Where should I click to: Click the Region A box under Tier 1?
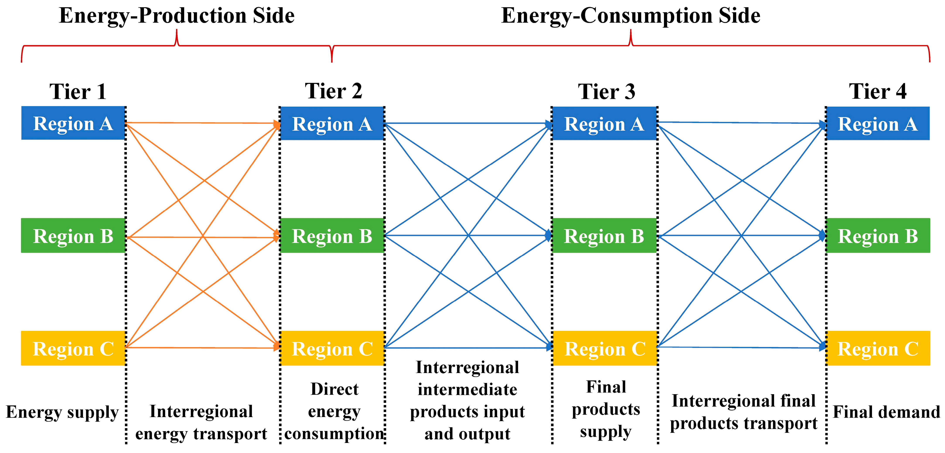73,123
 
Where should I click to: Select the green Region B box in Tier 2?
332,236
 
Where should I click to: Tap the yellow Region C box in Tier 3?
605,348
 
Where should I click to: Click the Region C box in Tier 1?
73,348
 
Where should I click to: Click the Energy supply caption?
62,412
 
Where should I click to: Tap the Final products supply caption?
606,409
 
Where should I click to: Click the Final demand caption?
886,412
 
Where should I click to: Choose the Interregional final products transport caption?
743,412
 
